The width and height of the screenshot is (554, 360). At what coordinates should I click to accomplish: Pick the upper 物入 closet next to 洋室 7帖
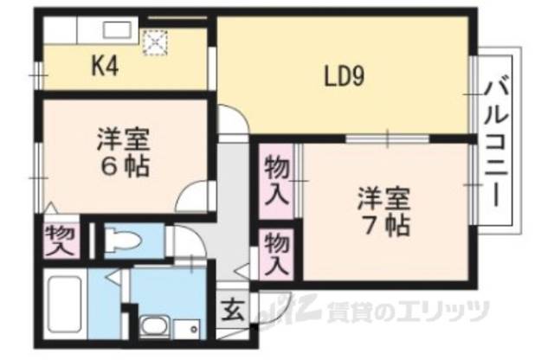pyautogui.click(x=276, y=181)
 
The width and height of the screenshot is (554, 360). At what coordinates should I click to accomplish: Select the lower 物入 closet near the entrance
pyautogui.click(x=275, y=252)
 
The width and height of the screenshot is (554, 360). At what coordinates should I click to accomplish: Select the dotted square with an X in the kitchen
pyautogui.click(x=156, y=41)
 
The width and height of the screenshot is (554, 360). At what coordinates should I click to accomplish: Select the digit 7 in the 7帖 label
pyautogui.click(x=367, y=228)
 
